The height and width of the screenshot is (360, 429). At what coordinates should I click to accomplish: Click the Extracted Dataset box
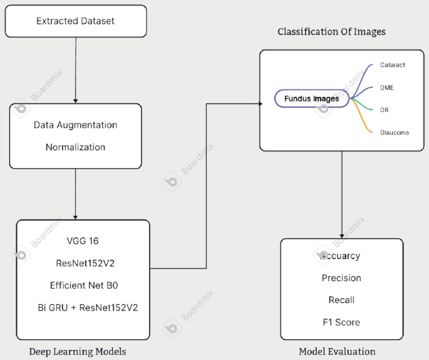(76, 21)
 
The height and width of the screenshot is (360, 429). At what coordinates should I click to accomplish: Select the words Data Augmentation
(75, 125)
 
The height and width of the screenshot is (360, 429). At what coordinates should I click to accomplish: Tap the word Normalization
(75, 147)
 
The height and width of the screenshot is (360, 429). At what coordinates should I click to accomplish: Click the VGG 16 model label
(83, 241)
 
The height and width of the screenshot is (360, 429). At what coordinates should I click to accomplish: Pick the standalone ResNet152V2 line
(85, 263)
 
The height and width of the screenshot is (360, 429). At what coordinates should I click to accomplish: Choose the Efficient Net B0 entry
(84, 285)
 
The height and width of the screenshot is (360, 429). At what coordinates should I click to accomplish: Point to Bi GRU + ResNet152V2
(88, 307)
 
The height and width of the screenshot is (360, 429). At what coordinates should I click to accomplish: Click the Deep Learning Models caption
(78, 351)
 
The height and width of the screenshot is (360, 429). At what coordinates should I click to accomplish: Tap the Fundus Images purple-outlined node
(311, 98)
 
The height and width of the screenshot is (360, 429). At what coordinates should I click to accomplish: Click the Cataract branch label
(392, 65)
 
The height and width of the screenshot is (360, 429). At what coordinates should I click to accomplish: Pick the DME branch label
(386, 88)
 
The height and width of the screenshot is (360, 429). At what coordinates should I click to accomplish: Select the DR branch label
(385, 110)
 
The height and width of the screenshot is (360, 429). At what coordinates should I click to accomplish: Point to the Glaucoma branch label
(394, 132)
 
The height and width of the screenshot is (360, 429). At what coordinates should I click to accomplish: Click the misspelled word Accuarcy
(340, 255)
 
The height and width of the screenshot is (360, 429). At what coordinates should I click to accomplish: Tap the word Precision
(341, 278)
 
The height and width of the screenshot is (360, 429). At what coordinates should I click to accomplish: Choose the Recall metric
(341, 300)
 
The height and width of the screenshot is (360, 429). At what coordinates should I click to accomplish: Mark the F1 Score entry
(341, 322)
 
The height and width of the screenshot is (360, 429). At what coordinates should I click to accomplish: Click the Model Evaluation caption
(337, 351)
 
